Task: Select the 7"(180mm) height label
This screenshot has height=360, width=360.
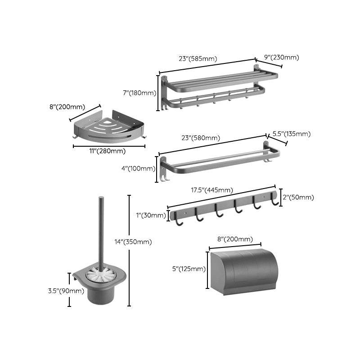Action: [x=139, y=93]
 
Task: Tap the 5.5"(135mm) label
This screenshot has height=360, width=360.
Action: [x=292, y=134]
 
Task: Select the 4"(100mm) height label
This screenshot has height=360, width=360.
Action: [x=139, y=168]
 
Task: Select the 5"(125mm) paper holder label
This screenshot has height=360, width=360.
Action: [x=189, y=269]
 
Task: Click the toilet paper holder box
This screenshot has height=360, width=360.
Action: [x=243, y=272]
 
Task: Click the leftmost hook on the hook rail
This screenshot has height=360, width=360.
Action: [x=179, y=222]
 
